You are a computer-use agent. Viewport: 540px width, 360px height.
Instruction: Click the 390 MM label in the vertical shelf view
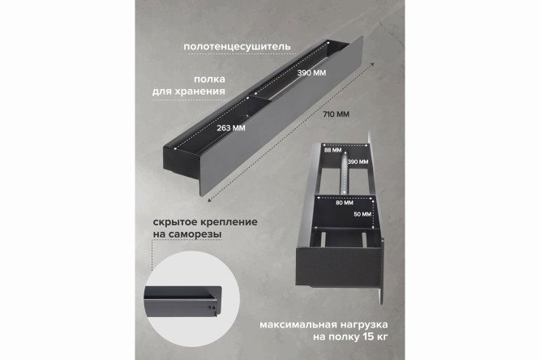(358, 163)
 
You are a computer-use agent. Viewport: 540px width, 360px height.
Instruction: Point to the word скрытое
(175, 221)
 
